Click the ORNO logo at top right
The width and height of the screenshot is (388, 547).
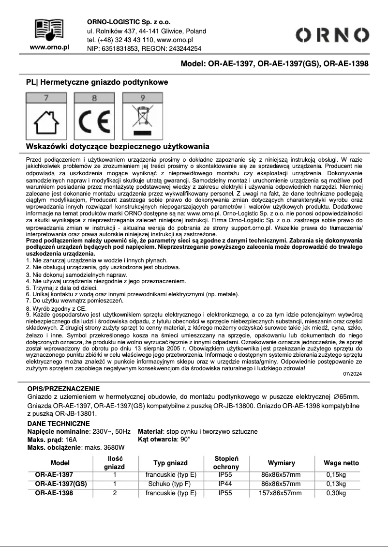(x=332, y=35)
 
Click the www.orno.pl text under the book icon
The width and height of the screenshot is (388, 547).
(x=50, y=47)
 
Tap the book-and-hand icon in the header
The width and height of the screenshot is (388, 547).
(x=50, y=29)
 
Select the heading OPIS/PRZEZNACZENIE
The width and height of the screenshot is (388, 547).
(x=63, y=389)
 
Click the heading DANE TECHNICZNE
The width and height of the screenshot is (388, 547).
(x=52, y=423)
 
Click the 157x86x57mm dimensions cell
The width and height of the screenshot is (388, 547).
(x=281, y=493)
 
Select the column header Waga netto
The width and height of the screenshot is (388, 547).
(x=341, y=463)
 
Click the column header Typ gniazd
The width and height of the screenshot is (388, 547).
(x=170, y=463)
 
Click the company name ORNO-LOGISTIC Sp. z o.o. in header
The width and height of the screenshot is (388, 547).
(x=129, y=22)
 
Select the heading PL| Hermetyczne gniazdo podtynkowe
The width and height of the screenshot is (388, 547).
(x=97, y=82)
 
